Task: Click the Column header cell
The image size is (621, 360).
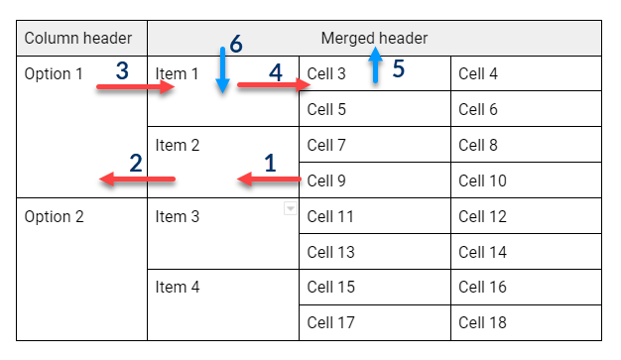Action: (77, 39)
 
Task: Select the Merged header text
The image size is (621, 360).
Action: (374, 39)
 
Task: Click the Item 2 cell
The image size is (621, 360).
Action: (178, 145)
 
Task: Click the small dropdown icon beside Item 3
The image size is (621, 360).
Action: (290, 208)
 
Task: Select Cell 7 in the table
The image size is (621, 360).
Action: (326, 145)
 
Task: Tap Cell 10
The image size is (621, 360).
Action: (482, 180)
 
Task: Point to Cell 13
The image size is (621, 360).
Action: (330, 252)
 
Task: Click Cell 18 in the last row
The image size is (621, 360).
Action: (482, 322)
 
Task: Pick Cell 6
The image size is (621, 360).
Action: (478, 109)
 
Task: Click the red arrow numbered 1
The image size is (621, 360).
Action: (269, 180)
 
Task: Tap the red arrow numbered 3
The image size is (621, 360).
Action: (136, 87)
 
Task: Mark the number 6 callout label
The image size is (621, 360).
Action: (235, 45)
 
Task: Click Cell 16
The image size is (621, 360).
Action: (482, 288)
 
